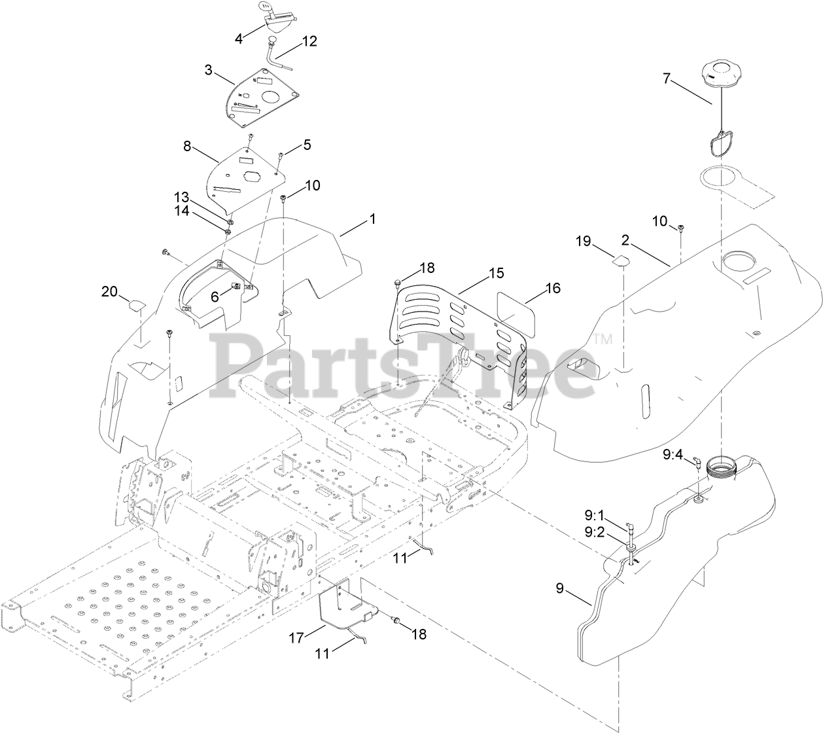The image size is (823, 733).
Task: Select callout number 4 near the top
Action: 239,39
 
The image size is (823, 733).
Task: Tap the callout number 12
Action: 309,41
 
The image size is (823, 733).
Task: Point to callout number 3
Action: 209,69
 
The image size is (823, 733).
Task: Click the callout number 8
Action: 187,147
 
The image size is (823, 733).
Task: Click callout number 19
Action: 583,241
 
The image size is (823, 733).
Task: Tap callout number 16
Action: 553,287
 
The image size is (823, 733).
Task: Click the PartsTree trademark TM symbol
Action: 603,339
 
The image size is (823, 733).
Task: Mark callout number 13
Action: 181,196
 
